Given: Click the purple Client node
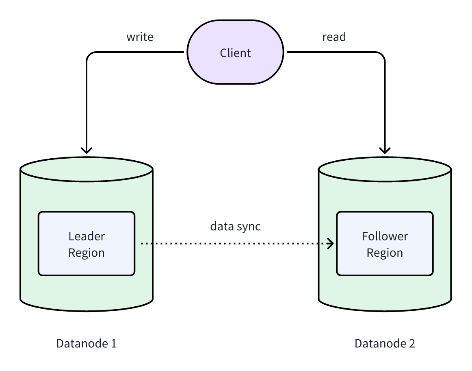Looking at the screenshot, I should [x=236, y=52].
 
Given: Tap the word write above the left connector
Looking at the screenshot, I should [x=140, y=37].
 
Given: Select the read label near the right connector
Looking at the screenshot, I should [x=334, y=37].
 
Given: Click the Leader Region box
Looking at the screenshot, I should [x=87, y=244].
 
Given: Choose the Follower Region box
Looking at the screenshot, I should [x=385, y=244].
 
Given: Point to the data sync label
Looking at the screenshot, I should [x=235, y=227].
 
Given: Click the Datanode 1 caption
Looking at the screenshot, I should [x=87, y=343].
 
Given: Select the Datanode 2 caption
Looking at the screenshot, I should [x=385, y=343].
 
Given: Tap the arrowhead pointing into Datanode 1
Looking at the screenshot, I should [x=87, y=149].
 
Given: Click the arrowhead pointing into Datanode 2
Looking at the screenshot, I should [x=385, y=149].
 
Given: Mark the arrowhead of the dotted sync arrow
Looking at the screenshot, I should [x=331, y=244].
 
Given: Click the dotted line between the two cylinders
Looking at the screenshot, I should [x=236, y=244].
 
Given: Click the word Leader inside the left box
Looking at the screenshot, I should [x=87, y=236].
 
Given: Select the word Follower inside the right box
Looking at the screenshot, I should [x=385, y=236].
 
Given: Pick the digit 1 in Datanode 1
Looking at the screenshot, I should [x=113, y=343].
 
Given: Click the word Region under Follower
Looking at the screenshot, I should [x=385, y=253].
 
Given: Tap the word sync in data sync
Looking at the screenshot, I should [x=248, y=227].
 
